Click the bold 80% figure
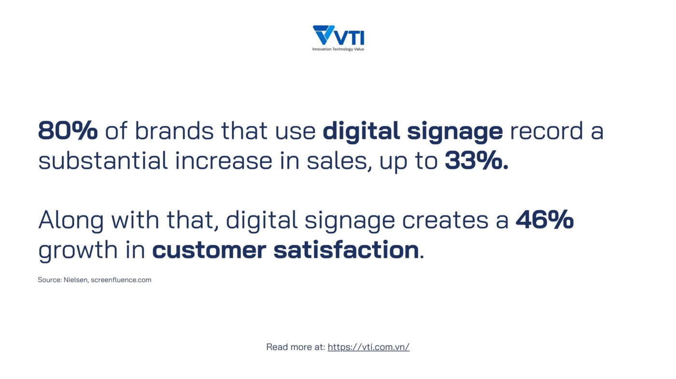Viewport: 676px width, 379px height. tap(68, 131)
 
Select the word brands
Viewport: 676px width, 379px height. tap(174, 131)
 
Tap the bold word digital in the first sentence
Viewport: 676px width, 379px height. tap(361, 132)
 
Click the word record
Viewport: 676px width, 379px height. tap(546, 131)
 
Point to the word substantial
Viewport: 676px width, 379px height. tap(103, 160)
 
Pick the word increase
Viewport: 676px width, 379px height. tap(224, 160)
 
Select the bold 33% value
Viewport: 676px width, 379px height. tap(477, 160)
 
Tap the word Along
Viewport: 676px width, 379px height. tap(71, 220)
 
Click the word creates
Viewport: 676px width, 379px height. tap(445, 220)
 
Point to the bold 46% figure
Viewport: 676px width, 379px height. tap(545, 219)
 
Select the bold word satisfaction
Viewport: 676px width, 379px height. tap(346, 249)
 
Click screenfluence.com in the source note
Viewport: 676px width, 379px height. tap(121, 280)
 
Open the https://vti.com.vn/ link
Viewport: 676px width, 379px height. tap(368, 347)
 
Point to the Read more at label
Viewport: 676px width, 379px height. tap(296, 347)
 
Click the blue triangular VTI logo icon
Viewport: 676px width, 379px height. tap(323, 34)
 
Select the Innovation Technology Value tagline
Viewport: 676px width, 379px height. tap(338, 49)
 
